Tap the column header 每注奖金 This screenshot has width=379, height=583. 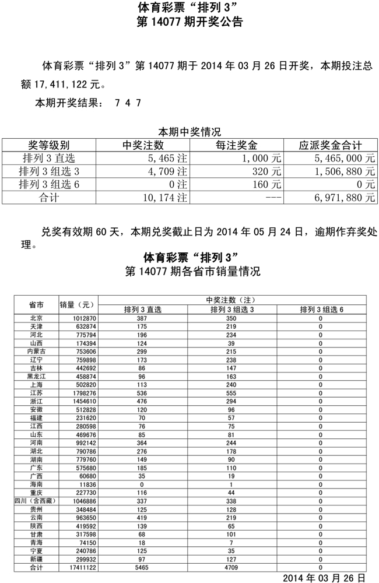236,145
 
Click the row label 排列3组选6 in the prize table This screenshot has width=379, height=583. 48,185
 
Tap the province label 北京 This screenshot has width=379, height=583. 36,318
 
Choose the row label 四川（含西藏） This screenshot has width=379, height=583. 36,500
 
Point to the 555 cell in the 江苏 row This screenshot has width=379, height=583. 231,394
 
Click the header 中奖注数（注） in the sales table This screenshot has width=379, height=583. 231,300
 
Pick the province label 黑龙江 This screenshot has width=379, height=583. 36,377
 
